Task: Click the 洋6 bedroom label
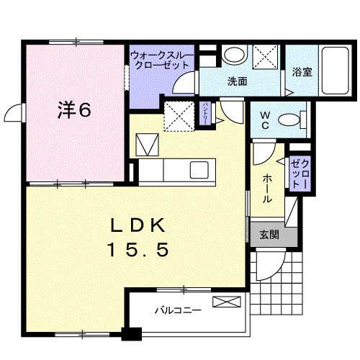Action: point(74,110)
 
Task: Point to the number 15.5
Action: point(139,250)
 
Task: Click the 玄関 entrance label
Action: point(269,234)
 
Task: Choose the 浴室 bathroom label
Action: point(302,72)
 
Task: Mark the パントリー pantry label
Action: point(206,114)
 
